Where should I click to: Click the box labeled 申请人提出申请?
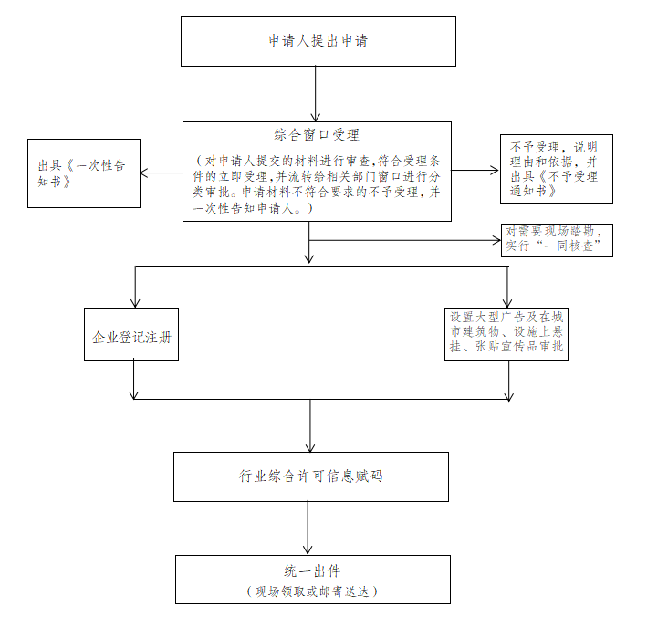coord(318,41)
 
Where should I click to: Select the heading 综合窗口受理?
coord(317,134)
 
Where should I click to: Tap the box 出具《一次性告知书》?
coord(84,173)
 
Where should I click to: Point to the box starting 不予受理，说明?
coord(557,169)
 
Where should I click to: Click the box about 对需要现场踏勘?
coord(557,240)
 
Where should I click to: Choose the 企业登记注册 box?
coord(131,334)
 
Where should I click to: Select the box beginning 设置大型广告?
coord(506,334)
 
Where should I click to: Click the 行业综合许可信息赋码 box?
coord(310,476)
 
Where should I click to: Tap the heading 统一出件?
coord(312,570)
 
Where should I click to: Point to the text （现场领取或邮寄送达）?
coord(312,591)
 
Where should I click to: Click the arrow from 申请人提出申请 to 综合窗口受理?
coord(315,94)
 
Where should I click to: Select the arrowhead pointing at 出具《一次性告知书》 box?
coord(144,173)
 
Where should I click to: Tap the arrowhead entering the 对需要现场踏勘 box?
coord(496,240)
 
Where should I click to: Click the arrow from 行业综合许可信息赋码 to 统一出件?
coord(308,528)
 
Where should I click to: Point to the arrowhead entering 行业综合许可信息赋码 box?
coord(310,447)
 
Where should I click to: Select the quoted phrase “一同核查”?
coord(569,246)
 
